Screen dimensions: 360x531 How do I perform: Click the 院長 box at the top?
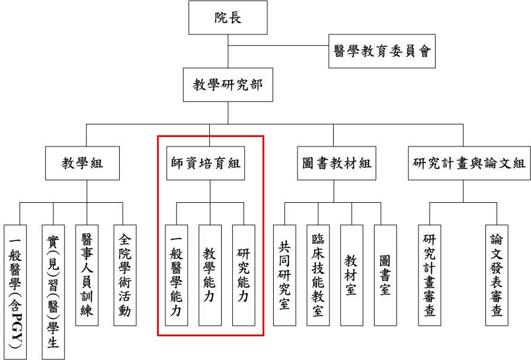[228, 17]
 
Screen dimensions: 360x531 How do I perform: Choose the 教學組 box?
[82, 163]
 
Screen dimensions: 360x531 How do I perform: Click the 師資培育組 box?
[210, 163]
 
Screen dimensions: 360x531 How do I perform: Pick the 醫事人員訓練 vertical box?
[87, 275]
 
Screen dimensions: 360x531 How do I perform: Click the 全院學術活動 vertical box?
[124, 275]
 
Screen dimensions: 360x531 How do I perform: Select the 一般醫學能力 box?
[175, 275]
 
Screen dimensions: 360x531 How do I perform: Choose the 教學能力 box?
[210, 275]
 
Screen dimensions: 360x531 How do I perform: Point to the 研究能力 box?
[244, 275]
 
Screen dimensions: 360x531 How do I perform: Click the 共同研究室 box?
[284, 275]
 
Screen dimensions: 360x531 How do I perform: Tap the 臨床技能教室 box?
[318, 275]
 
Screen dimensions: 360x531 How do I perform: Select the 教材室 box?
[351, 275]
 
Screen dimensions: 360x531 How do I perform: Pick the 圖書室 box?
[385, 275]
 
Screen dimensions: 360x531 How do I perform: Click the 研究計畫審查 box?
[430, 275]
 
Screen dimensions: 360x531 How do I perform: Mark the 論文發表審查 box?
[497, 275]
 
